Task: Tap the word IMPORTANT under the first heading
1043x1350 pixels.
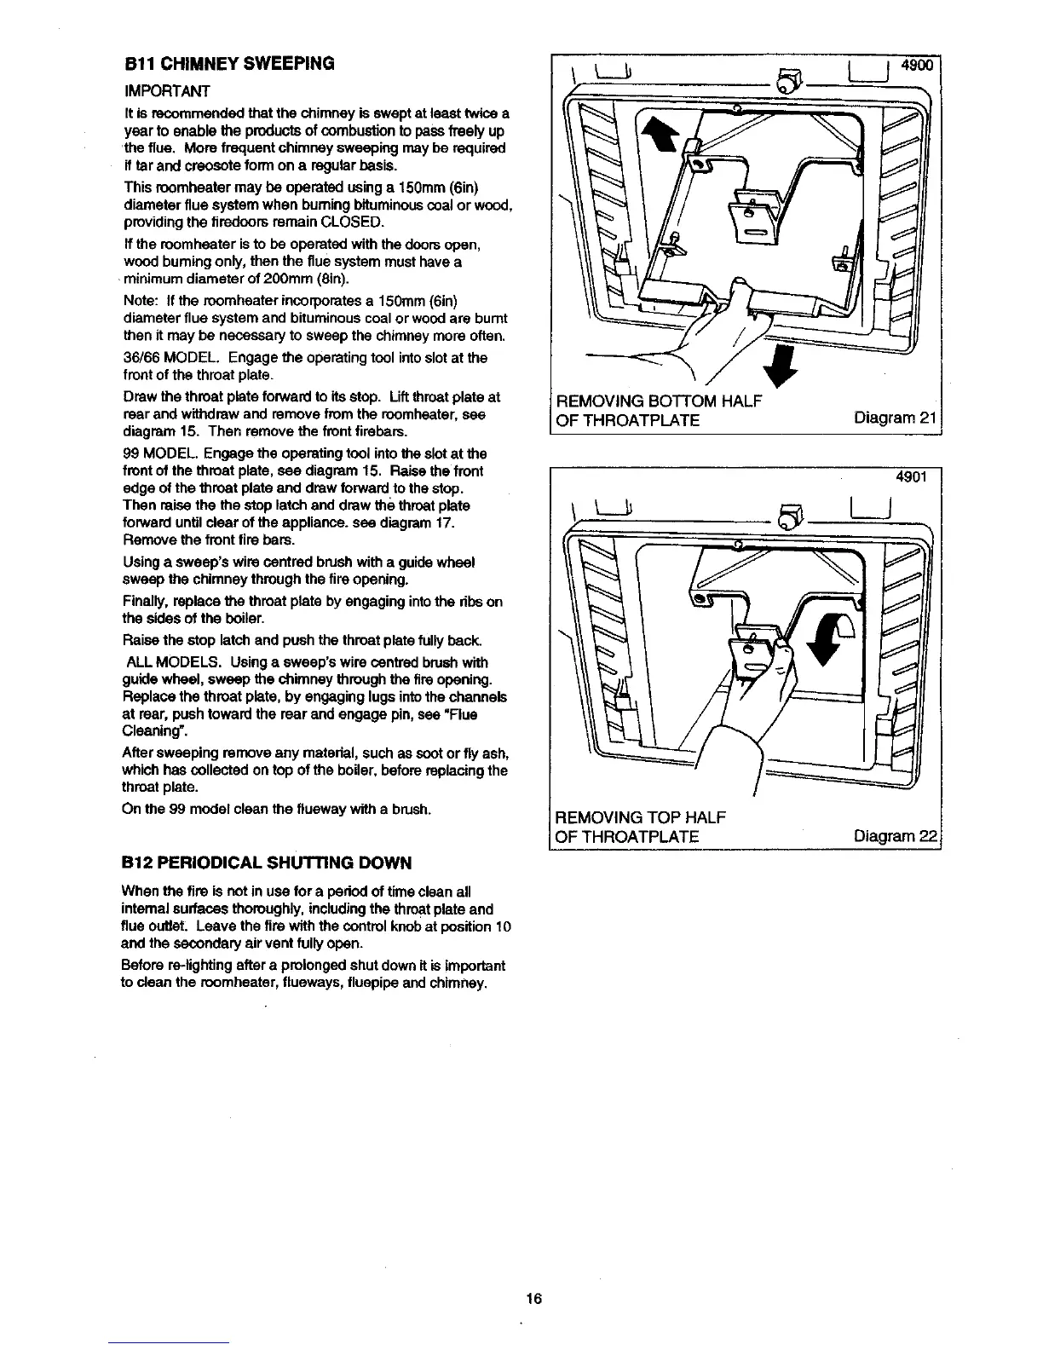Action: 167,90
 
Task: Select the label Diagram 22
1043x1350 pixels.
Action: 895,837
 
